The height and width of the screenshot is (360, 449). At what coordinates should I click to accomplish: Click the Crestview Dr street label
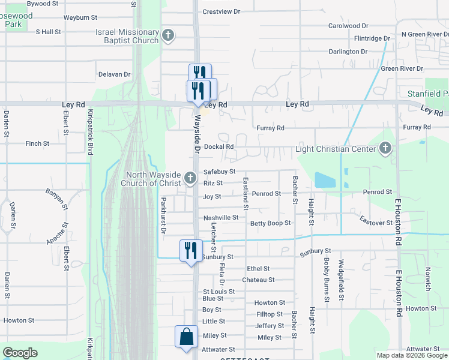[221, 11]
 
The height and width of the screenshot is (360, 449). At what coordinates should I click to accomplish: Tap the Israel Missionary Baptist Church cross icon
[168, 35]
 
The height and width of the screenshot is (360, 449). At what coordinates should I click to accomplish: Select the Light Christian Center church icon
[385, 148]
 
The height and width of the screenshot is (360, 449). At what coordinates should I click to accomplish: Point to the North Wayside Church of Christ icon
[190, 177]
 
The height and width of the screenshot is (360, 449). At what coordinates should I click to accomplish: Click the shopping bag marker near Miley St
[185, 337]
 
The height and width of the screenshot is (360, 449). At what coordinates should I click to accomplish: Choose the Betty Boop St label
[270, 223]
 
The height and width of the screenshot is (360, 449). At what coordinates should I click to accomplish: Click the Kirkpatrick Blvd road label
[91, 132]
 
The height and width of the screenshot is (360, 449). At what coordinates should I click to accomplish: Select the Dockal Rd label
[218, 146]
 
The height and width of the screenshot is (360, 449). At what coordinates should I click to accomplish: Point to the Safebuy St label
[219, 172]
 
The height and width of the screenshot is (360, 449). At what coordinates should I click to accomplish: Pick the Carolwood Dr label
[348, 26]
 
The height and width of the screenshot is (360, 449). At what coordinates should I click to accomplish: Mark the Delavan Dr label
[114, 74]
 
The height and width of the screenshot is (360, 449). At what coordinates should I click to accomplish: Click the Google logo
[20, 353]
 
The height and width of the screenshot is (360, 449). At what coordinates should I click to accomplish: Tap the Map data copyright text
[411, 355]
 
